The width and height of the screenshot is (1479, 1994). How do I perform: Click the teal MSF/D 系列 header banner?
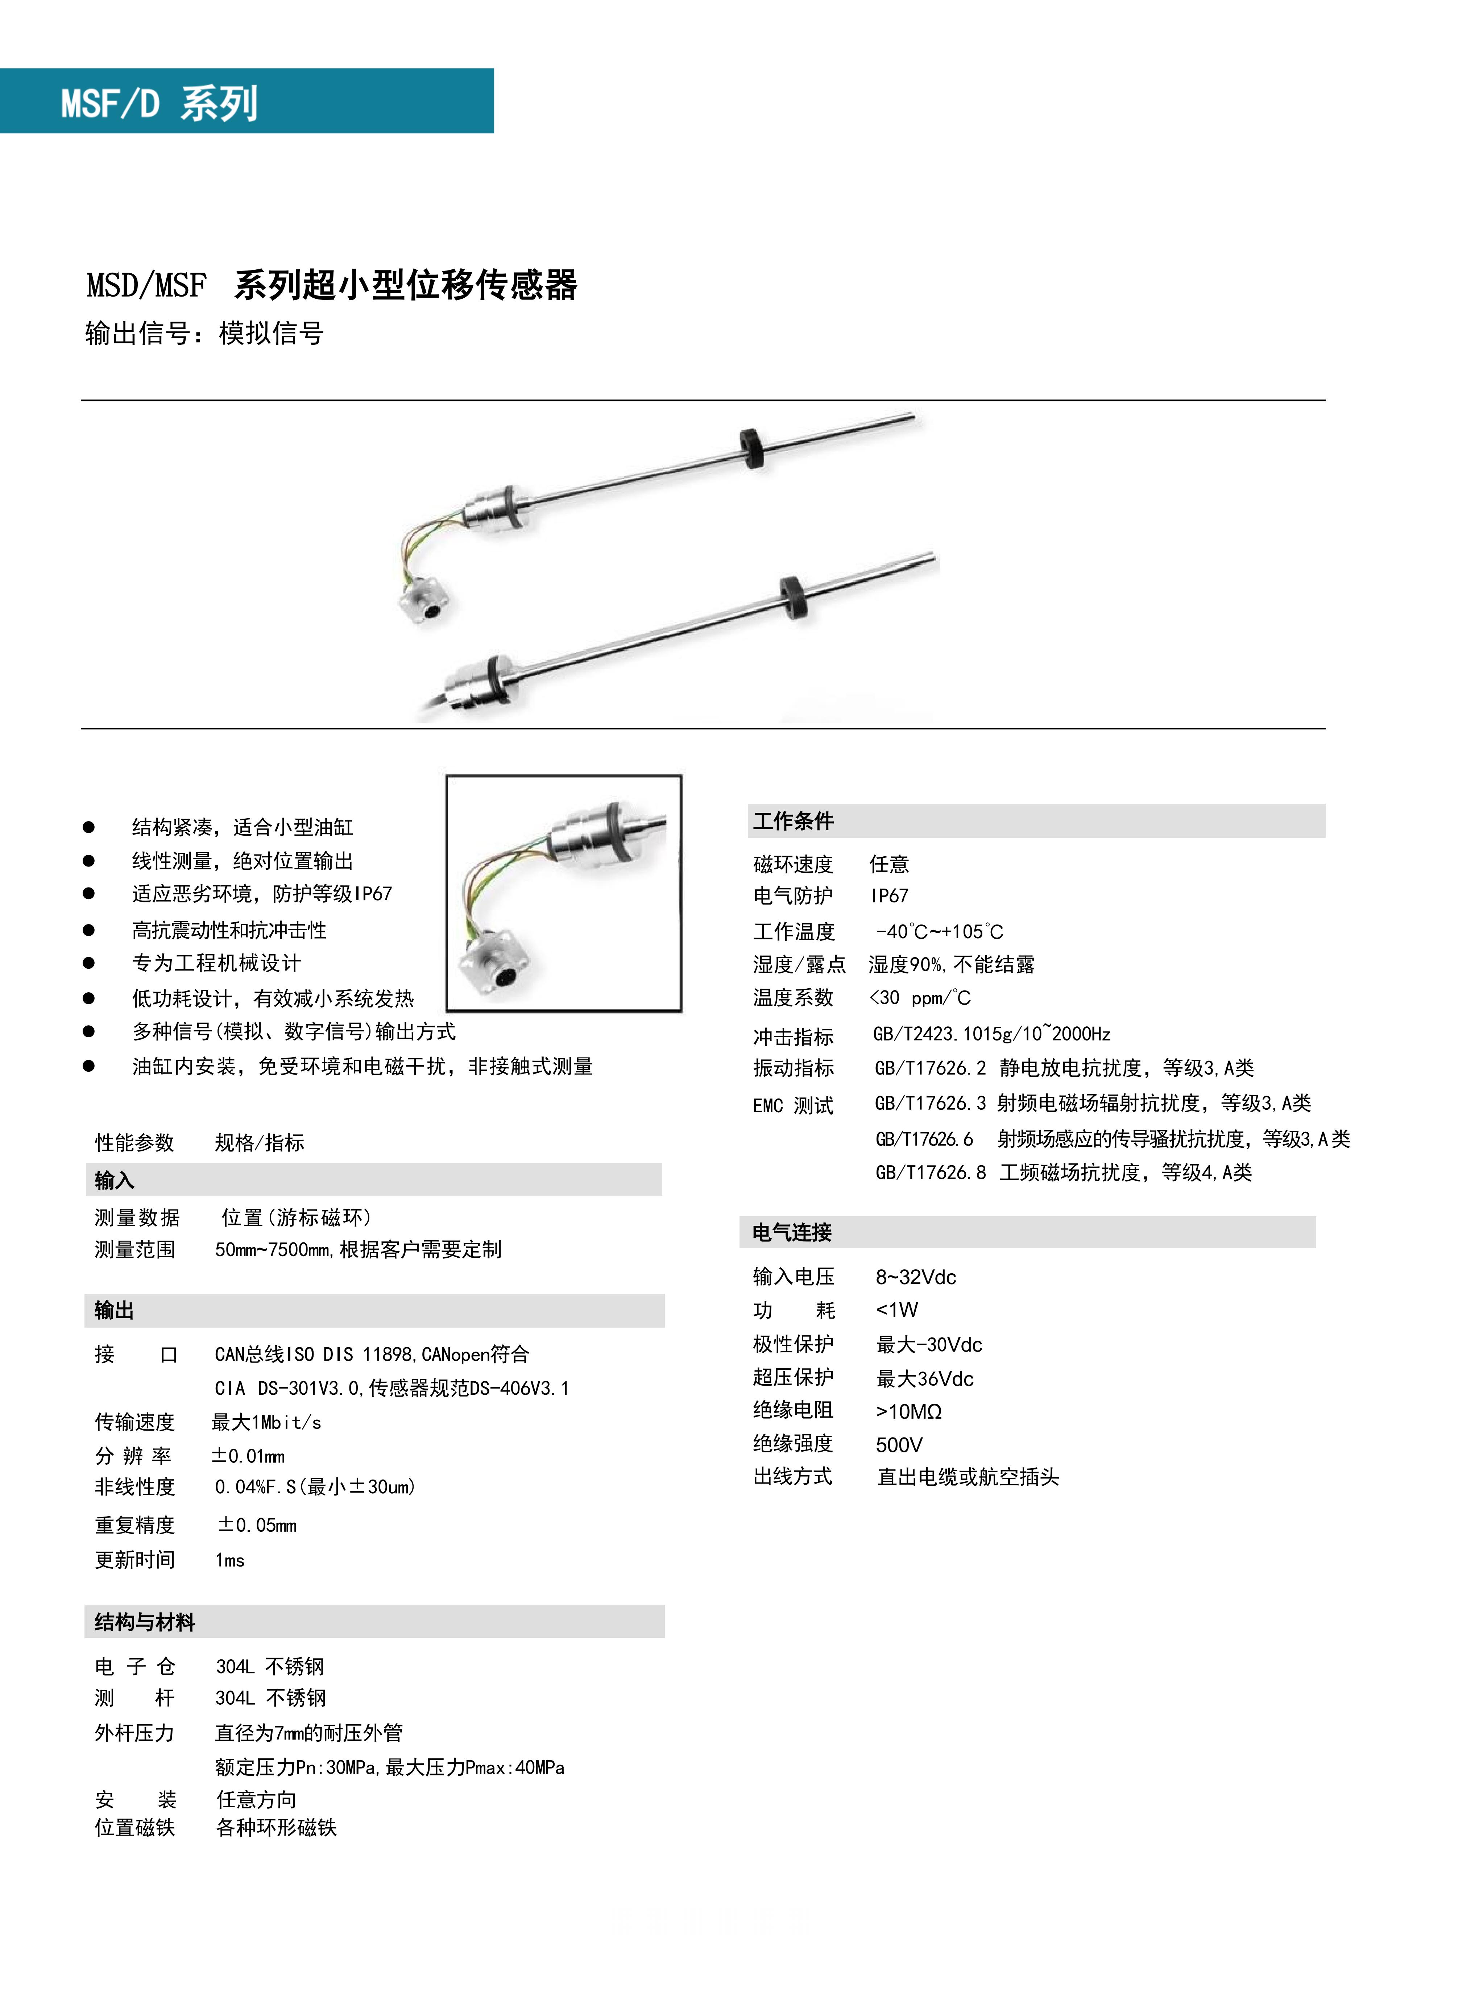pos(246,101)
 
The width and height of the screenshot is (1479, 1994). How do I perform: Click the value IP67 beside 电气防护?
pos(889,895)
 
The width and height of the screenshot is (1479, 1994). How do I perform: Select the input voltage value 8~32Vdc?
pos(915,1277)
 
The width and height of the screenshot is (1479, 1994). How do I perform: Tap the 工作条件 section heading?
pos(793,821)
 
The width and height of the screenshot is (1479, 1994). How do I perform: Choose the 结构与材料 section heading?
pos(145,1622)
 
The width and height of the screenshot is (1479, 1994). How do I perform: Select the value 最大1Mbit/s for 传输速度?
pos(266,1422)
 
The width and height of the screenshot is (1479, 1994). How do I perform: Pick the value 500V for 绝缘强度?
pos(899,1444)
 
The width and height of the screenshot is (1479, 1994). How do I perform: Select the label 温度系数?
pos(793,997)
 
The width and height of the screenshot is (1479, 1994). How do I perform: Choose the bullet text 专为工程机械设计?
pos(217,963)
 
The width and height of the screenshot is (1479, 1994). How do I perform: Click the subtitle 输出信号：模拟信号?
pos(204,333)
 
